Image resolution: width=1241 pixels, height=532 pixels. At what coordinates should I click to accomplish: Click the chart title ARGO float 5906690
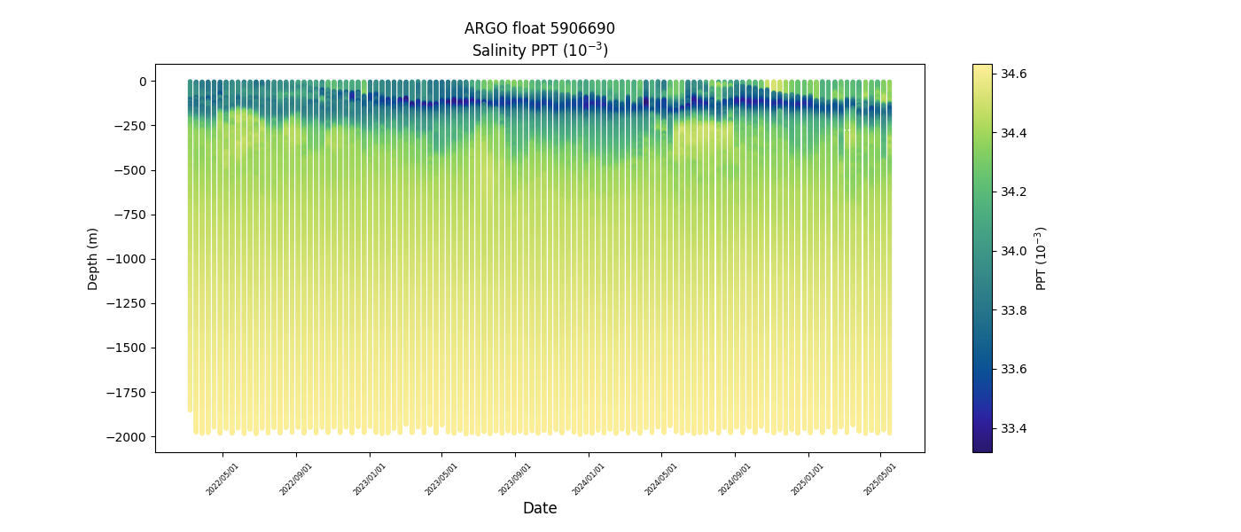coord(539,28)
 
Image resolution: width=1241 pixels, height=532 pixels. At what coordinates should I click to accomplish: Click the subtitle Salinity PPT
coord(539,50)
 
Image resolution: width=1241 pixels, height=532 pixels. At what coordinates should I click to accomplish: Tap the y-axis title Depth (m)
coord(93,258)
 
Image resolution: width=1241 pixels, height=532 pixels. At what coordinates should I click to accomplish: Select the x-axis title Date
coord(539,508)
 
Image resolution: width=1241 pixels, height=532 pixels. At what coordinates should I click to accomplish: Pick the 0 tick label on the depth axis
coord(142,82)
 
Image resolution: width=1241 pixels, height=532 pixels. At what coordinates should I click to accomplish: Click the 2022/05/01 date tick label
coord(222,479)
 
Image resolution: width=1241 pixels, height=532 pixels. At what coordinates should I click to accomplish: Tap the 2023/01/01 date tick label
coord(370,479)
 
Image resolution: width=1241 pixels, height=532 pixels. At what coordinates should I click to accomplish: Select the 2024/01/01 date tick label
coord(589,479)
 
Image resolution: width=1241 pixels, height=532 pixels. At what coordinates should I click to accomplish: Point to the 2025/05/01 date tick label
coord(880,479)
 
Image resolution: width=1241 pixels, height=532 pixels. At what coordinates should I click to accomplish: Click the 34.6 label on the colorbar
coord(1014,74)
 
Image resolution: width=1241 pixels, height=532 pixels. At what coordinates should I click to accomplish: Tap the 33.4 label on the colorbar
coord(1014,428)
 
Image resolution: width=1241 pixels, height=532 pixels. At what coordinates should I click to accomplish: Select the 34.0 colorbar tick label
coord(1014,251)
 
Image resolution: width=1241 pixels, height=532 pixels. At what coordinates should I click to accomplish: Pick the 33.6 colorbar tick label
coord(1014,369)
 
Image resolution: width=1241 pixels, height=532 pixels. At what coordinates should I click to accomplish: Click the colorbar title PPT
coord(1042,258)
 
